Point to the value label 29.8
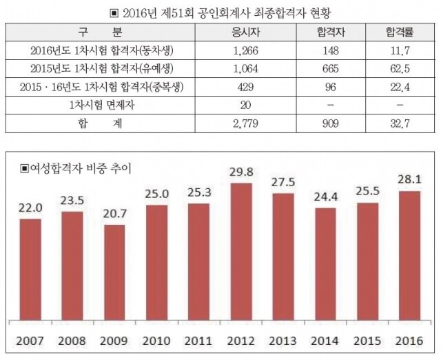[241, 170]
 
